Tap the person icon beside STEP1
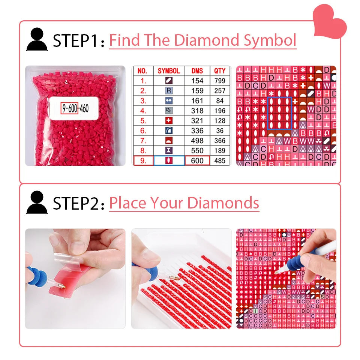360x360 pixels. (x=37, y=40)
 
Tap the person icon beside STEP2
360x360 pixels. (x=37, y=202)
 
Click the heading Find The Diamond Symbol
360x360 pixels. (x=202, y=40)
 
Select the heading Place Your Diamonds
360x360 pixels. (x=184, y=203)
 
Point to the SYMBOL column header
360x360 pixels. (x=169, y=70)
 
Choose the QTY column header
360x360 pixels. (x=220, y=70)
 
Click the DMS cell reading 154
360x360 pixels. (x=197, y=81)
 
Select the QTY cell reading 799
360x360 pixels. (x=220, y=81)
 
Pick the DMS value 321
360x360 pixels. (x=197, y=121)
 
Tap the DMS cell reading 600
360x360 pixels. (x=197, y=161)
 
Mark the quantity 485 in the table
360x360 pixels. (x=220, y=161)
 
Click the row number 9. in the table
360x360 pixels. (x=143, y=161)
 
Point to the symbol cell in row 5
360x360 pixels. (x=169, y=121)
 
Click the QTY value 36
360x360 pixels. (x=220, y=131)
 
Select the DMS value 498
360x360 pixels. (x=197, y=141)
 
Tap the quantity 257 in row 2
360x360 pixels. (x=220, y=91)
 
